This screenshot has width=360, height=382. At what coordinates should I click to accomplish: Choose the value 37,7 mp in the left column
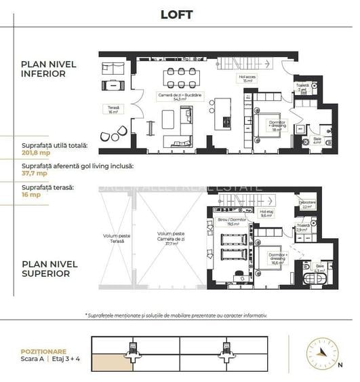(x=34, y=172)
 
